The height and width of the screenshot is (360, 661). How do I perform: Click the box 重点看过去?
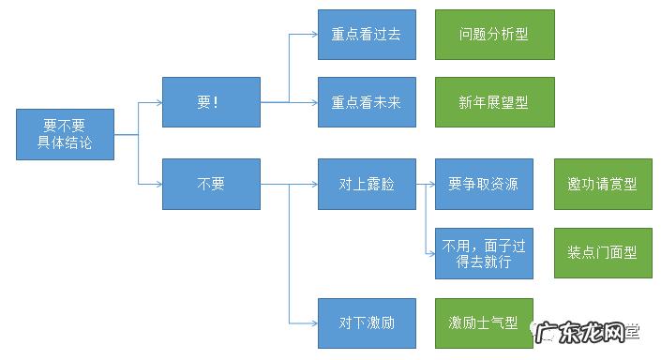(x=367, y=34)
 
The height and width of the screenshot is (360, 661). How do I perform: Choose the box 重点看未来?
(x=367, y=102)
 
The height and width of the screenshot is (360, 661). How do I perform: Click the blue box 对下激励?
(x=367, y=322)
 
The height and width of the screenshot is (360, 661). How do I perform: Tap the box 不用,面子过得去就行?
(x=484, y=252)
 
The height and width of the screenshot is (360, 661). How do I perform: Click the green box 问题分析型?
(x=494, y=34)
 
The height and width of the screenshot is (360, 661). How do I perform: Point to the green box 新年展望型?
(x=494, y=102)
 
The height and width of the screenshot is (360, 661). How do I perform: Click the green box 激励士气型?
(x=484, y=322)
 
